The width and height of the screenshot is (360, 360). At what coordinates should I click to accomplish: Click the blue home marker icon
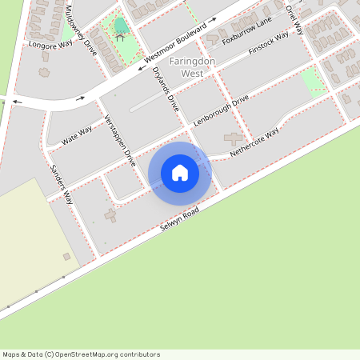click(x=180, y=172)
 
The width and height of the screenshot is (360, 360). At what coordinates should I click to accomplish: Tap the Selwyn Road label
click(x=178, y=215)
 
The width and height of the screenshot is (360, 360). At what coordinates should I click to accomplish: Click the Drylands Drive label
click(x=166, y=87)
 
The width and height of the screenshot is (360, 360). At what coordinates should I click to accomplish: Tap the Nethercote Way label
click(x=254, y=141)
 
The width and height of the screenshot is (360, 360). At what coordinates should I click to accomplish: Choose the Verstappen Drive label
click(x=121, y=140)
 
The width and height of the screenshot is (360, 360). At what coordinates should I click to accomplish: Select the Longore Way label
click(x=50, y=45)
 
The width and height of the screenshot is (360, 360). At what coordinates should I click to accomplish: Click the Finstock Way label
click(x=269, y=43)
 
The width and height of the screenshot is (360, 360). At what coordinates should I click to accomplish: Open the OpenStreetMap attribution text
click(x=81, y=354)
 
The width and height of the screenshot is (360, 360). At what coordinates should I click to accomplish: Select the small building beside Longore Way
click(x=43, y=71)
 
